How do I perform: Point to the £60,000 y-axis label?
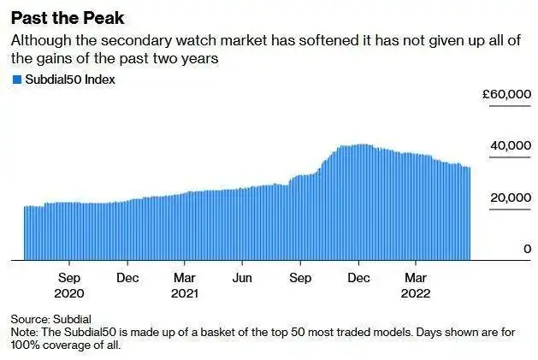508,95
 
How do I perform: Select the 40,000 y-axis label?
511,147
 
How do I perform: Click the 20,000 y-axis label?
511,198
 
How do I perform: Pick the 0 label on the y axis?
528,249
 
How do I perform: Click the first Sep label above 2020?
70,277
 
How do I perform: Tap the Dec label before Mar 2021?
127,277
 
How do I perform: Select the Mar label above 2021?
185,277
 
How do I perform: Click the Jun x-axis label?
243,277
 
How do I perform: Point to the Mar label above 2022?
416,277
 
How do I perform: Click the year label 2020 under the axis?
70,292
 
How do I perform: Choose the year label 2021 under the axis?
185,292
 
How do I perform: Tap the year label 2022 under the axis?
416,292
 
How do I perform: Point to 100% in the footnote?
24,345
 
